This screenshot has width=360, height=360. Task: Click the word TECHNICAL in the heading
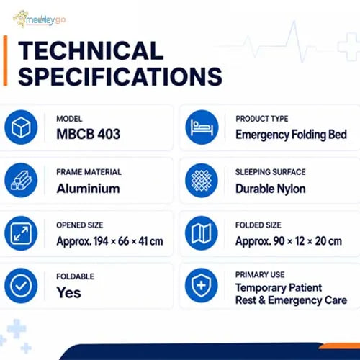point(91,50)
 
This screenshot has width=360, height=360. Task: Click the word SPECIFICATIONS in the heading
point(120,76)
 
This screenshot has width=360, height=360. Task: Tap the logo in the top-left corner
point(39,19)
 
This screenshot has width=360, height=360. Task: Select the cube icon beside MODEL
point(21,127)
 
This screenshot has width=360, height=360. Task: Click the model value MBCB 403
point(89,134)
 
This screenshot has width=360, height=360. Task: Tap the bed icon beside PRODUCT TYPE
point(202,127)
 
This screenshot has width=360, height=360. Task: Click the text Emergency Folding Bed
point(291,135)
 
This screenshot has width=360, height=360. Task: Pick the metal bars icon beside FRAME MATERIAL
point(21,181)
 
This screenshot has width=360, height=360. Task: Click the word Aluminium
point(88,189)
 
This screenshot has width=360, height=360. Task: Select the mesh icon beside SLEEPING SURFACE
point(202,181)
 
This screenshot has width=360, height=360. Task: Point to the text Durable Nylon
point(271,189)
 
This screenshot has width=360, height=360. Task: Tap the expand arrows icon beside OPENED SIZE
point(21,233)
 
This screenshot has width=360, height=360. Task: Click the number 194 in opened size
point(101,241)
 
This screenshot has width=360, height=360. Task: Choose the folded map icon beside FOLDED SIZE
point(202,233)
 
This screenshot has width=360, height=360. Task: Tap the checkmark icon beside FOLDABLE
point(21,286)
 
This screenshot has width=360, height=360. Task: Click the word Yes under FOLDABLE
point(69,293)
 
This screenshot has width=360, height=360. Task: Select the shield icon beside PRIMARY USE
point(202,286)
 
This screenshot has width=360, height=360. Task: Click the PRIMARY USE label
point(260,275)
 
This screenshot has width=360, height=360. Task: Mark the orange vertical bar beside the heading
point(5,60)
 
